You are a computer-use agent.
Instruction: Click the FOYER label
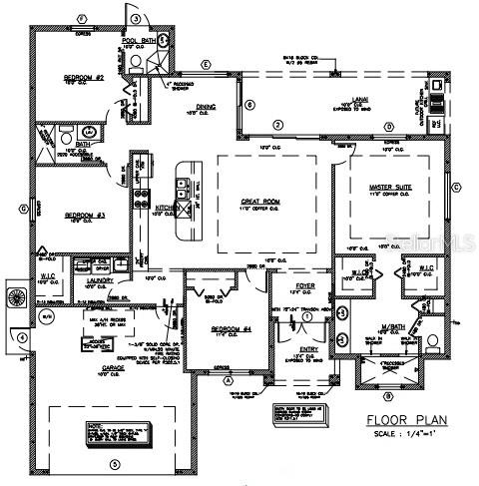pos(305,284)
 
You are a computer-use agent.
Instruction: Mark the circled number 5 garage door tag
pos(114,464)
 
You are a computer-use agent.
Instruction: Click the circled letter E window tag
pos(207,65)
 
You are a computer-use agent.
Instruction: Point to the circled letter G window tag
pos(22,209)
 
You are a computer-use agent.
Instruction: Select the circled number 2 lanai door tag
pos(279,125)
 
